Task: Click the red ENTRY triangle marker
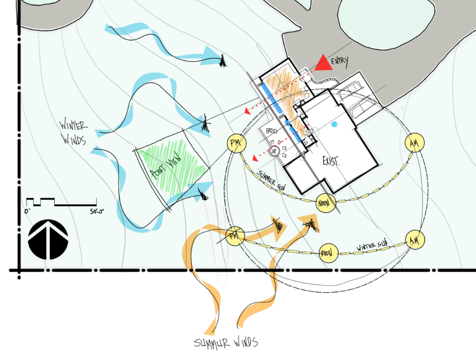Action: [324, 63]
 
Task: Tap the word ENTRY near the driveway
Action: [340, 61]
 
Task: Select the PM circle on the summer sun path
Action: [236, 143]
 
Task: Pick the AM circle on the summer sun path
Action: [413, 143]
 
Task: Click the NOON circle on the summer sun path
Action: [324, 202]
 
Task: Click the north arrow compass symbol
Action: [49, 240]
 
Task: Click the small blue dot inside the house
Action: [334, 124]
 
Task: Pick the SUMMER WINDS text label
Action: [226, 342]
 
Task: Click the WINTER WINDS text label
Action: [72, 132]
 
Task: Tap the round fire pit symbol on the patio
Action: [275, 151]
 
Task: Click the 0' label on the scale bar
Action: [28, 211]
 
